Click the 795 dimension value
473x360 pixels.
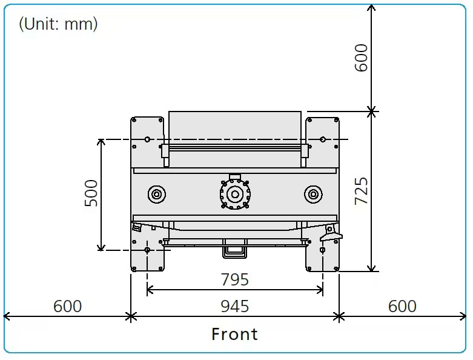tap(235, 279)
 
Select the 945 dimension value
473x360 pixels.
tap(235, 306)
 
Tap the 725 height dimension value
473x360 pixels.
tap(361, 191)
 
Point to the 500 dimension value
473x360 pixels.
tap(91, 193)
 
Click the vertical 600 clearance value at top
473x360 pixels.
tap(361, 58)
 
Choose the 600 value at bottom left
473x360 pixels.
tap(67, 306)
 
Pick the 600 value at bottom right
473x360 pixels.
tap(402, 306)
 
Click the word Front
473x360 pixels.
tap(235, 334)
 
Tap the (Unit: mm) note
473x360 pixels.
tap(58, 24)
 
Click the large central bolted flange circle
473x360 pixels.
tap(235, 195)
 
